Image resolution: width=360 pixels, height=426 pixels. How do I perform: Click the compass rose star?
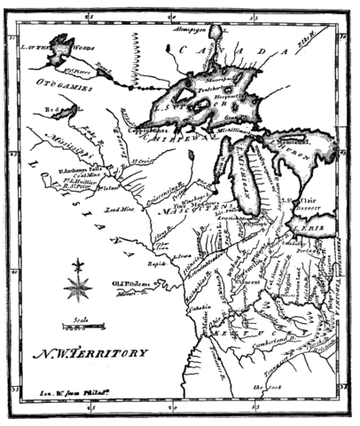pyautogui.click(x=78, y=284)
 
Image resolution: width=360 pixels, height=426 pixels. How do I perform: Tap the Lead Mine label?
pyautogui.click(x=116, y=209)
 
